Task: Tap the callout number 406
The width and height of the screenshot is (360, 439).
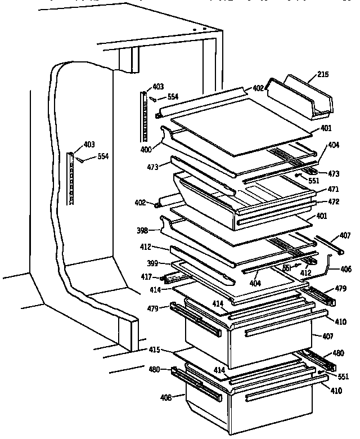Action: click(x=345, y=270)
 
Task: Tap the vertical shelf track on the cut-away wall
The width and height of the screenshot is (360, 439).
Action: click(x=71, y=177)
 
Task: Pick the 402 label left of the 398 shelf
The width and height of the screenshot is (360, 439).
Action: click(x=140, y=202)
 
